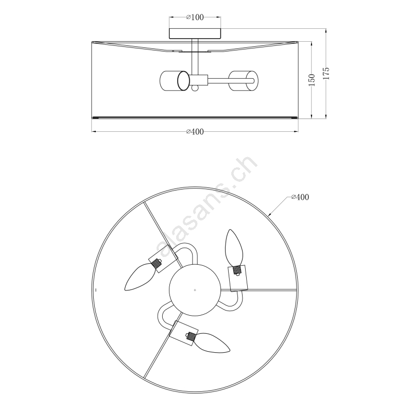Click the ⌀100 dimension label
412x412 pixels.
(x=195, y=18)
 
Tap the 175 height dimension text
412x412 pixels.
(x=326, y=74)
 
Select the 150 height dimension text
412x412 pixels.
(x=312, y=80)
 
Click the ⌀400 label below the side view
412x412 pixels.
(x=195, y=131)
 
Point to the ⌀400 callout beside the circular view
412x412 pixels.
(x=300, y=197)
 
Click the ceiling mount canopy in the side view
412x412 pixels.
(x=195, y=33)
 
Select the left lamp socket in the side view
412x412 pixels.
(x=175, y=81)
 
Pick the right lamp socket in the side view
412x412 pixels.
(x=243, y=81)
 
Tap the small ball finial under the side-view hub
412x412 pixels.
(x=195, y=88)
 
